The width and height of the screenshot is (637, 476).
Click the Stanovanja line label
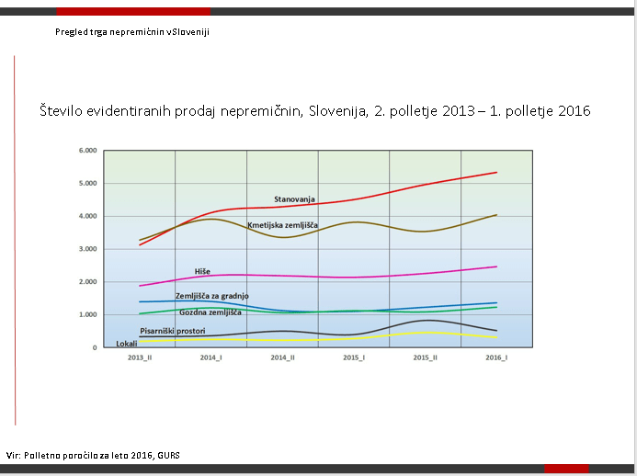click(294, 198)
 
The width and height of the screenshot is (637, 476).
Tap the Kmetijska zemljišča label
click(282, 225)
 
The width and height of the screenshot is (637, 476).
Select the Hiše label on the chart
click(202, 271)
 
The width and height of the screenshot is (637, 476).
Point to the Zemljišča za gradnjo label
click(211, 296)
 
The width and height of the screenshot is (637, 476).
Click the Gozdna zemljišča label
click(216, 313)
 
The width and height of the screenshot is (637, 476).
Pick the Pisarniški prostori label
click(172, 330)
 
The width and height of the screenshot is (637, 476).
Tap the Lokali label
click(127, 344)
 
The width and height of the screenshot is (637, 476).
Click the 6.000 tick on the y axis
click(88, 151)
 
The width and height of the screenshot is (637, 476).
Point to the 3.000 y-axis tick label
click(88, 249)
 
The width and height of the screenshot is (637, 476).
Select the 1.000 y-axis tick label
click(88, 315)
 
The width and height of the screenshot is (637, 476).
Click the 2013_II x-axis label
click(140, 358)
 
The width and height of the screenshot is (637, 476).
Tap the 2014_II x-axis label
click(282, 358)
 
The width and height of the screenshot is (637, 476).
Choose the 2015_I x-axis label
click(354, 358)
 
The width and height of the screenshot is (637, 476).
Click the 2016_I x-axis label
click(496, 358)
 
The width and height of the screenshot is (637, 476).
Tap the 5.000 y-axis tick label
click(88, 184)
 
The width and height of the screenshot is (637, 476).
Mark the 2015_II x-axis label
click(425, 358)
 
